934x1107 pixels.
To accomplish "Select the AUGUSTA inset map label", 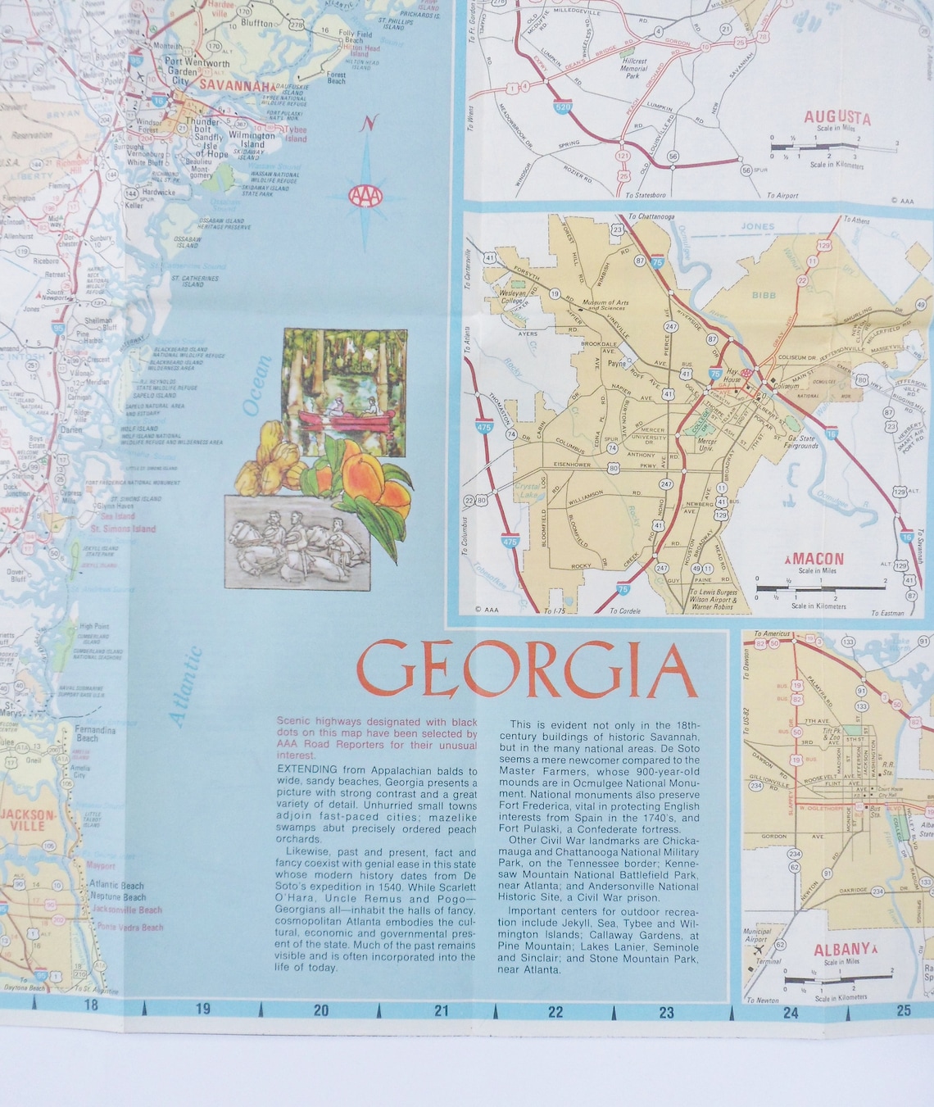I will pos(837,118).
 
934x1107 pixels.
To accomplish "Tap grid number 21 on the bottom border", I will pos(441,1010).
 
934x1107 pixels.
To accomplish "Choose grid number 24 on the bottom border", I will pos(790,1013).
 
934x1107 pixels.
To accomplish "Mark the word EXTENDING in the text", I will pos(307,769).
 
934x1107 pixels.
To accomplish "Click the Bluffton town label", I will pos(256,24).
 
